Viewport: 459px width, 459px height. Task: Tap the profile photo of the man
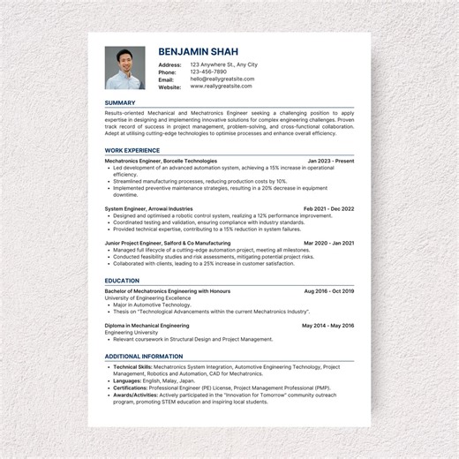pyautogui.click(x=124, y=68)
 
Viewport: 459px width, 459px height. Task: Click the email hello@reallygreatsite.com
pyautogui.click(x=222, y=79)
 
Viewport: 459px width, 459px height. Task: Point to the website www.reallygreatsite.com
pyautogui.click(x=222, y=87)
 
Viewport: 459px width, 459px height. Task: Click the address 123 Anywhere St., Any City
pyautogui.click(x=223, y=64)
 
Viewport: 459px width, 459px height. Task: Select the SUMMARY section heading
pyautogui.click(x=120, y=103)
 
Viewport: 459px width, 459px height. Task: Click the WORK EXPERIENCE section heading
pyautogui.click(x=132, y=150)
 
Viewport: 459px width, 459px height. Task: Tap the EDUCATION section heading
pyautogui.click(x=122, y=280)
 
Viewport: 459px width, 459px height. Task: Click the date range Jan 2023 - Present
pyautogui.click(x=330, y=161)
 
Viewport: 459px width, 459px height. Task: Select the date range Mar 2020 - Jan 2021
pyautogui.click(x=328, y=243)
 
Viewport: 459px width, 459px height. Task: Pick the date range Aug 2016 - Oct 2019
pyautogui.click(x=328, y=290)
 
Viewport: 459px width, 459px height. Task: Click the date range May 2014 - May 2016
pyautogui.click(x=327, y=325)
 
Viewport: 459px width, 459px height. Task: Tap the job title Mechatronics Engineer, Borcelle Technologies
pyautogui.click(x=161, y=161)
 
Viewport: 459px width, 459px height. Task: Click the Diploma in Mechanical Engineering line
pyautogui.click(x=147, y=325)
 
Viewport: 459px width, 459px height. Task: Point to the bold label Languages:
pyautogui.click(x=128, y=380)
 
